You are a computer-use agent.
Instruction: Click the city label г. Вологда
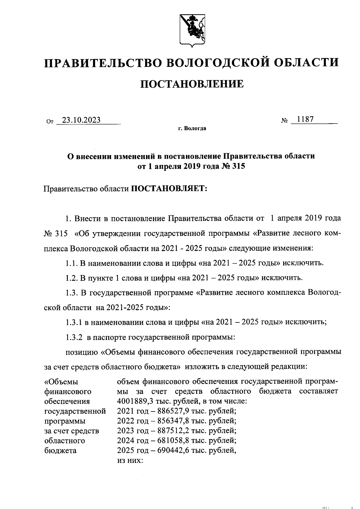(192, 129)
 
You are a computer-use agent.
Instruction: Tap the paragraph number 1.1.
(72, 263)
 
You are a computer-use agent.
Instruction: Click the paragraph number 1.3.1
(74, 322)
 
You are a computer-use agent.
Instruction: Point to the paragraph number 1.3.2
(74, 337)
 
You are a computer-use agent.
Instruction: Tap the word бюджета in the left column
(60, 451)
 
